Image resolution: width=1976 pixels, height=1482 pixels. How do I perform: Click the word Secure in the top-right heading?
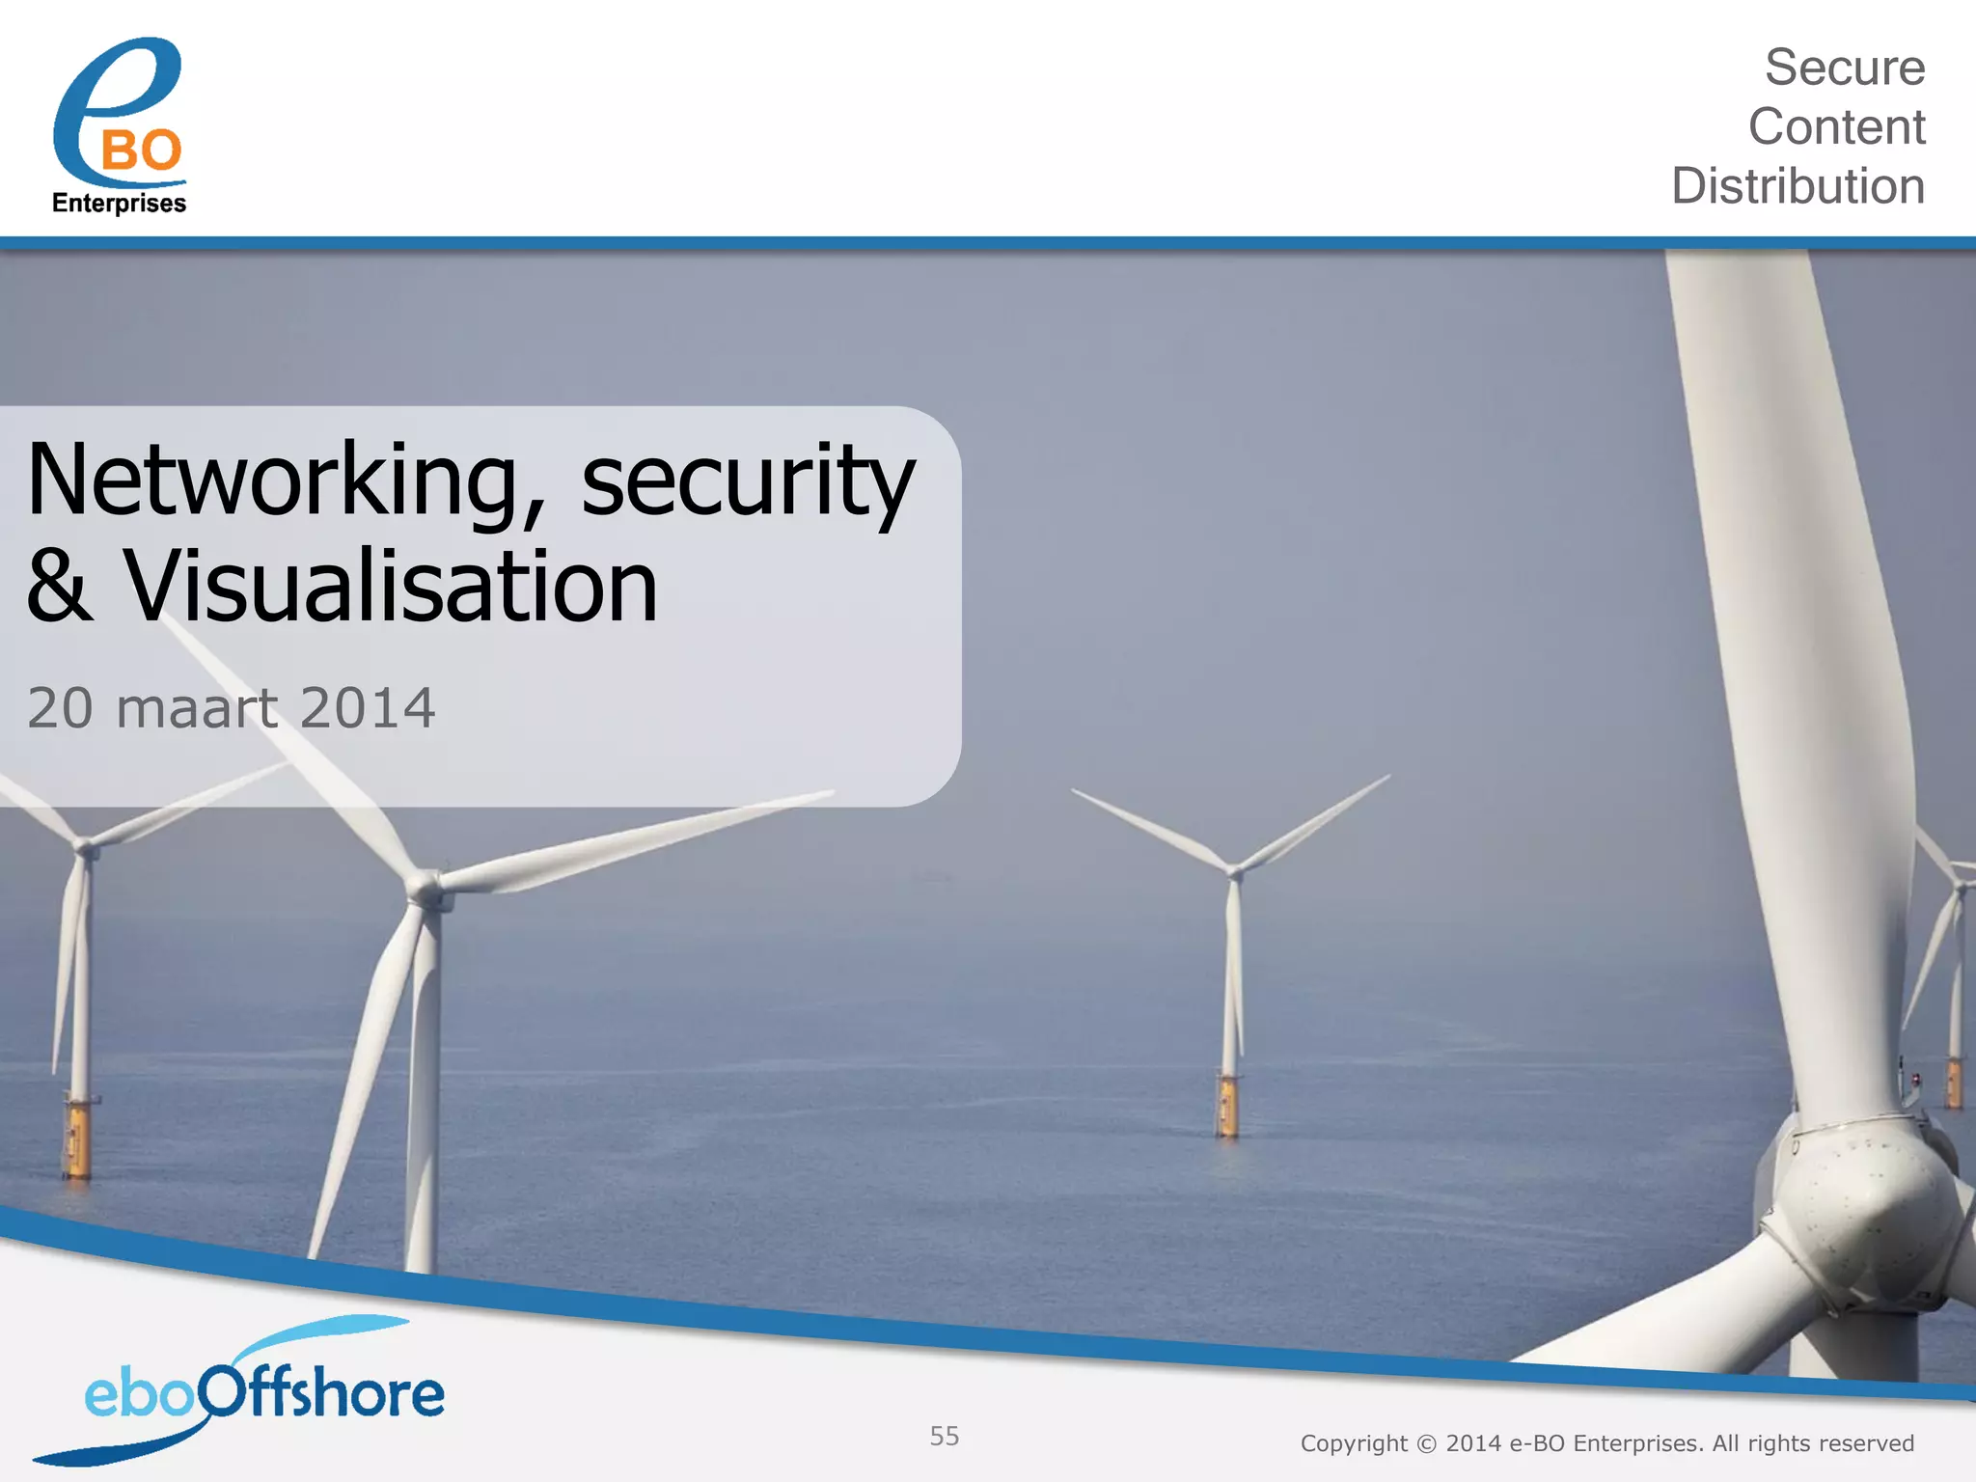pos(1844,68)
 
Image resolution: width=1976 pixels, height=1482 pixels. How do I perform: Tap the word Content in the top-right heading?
pos(1836,127)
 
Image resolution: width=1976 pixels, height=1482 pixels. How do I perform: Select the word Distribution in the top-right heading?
pos(1798,186)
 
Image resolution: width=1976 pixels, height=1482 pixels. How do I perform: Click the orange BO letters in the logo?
pos(141,151)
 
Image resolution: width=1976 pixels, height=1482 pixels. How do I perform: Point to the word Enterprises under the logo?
pos(119,204)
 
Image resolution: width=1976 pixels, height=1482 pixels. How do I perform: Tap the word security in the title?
pos(747,480)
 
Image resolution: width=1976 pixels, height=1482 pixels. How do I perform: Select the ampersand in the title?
pos(60,587)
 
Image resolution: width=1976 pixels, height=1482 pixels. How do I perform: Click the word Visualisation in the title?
pos(391,587)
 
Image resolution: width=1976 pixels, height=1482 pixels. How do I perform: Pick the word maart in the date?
pos(197,708)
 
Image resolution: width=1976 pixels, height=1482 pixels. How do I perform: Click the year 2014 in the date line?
pos(368,708)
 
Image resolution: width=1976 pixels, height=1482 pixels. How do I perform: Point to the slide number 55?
pos(945,1436)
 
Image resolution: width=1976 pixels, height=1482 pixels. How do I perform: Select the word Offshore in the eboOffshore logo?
pos(323,1394)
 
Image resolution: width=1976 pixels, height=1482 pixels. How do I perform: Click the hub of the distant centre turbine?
pos(1234,870)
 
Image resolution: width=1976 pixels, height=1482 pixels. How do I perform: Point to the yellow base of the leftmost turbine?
pos(77,1139)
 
